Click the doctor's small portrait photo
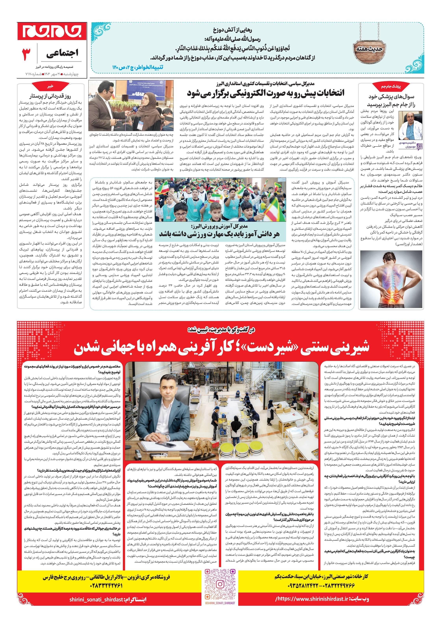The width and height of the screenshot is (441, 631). click(x=409, y=133)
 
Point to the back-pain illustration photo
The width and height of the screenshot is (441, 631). click(x=392, y=278)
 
